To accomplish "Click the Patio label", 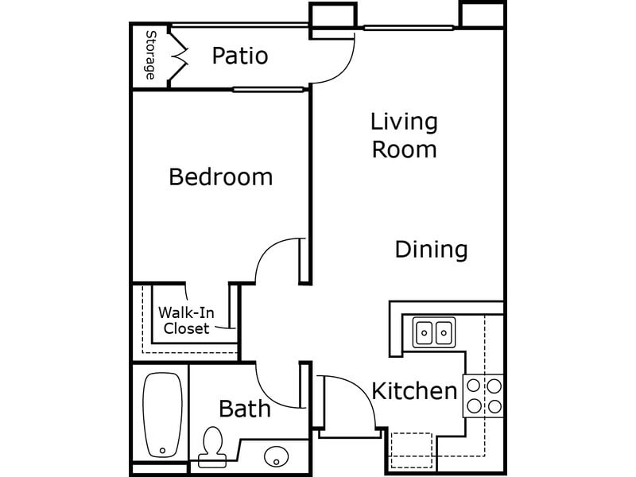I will [240, 56].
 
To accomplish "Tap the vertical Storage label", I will [149, 55].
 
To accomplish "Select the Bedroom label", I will [220, 176].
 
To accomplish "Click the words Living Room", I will [405, 135].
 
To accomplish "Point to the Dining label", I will [431, 250].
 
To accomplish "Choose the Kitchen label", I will [414, 391].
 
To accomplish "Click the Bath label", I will [245, 409].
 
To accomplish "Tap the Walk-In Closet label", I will [186, 320].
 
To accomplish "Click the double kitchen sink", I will [433, 330].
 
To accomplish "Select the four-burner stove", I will [483, 396].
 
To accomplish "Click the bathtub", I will [162, 414].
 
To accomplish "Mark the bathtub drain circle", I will [162, 450].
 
